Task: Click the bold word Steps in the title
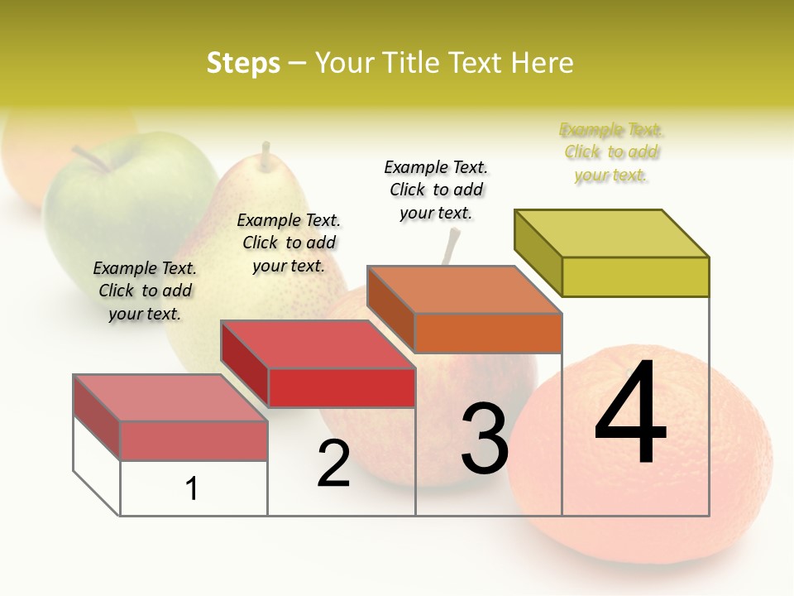[243, 63]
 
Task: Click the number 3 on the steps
[485, 439]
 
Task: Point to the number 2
[333, 464]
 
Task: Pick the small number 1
[192, 488]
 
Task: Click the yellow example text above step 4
[611, 152]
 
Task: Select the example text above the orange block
[436, 190]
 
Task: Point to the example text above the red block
[289, 243]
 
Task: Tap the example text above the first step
[145, 291]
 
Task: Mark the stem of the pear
[265, 156]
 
